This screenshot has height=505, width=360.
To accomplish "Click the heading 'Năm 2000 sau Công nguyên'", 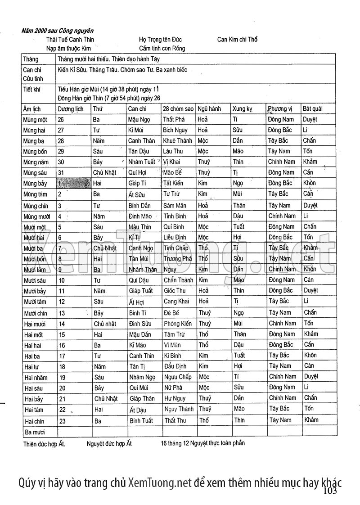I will pyautogui.click(x=57, y=31).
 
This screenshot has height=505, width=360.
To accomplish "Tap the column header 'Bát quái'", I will pyautogui.click(x=312, y=109).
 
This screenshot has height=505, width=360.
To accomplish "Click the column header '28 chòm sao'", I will pyautogui.click(x=178, y=109).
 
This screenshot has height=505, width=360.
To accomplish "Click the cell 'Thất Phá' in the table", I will pyautogui.click(x=174, y=120).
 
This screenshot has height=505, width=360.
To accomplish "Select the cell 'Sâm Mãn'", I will pyautogui.click(x=175, y=206).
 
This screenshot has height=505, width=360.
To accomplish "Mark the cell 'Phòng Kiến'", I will pyautogui.click(x=178, y=324).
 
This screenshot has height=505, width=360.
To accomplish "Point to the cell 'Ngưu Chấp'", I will pyautogui.click(x=178, y=377).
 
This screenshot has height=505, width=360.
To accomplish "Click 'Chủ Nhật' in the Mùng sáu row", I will pyautogui.click(x=104, y=173).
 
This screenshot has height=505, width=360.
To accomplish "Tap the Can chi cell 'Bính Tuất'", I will pyautogui.click(x=141, y=420).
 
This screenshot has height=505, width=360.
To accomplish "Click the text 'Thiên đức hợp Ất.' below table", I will pyautogui.click(x=44, y=444).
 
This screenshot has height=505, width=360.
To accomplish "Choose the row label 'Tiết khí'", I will pyautogui.click(x=31, y=89).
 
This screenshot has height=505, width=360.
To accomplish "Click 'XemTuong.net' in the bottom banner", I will pyautogui.click(x=160, y=483).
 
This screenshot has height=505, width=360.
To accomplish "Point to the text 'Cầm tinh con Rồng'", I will pyautogui.click(x=162, y=48).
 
